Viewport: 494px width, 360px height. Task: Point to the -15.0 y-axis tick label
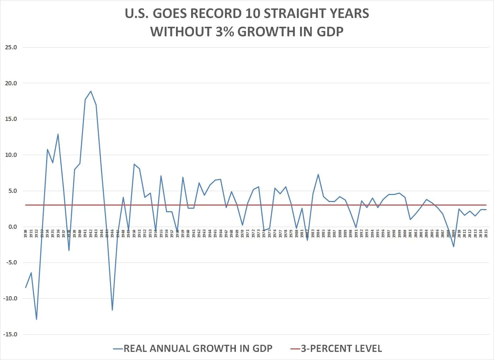10,334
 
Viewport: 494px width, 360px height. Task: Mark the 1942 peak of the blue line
91,91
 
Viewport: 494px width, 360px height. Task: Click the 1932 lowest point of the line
37,319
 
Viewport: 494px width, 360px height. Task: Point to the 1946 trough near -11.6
112,310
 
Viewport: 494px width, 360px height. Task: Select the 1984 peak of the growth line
318,174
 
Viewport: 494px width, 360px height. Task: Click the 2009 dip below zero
453,246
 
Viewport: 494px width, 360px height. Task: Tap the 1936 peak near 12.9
58,134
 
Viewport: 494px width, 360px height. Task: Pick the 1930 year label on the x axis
26,233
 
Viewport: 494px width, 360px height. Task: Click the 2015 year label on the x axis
486,233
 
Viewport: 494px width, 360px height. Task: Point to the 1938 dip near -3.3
69,250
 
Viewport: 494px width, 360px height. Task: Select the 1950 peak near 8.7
134,164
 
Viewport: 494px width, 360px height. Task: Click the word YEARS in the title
345,14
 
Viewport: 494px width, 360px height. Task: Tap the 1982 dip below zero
307,240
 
